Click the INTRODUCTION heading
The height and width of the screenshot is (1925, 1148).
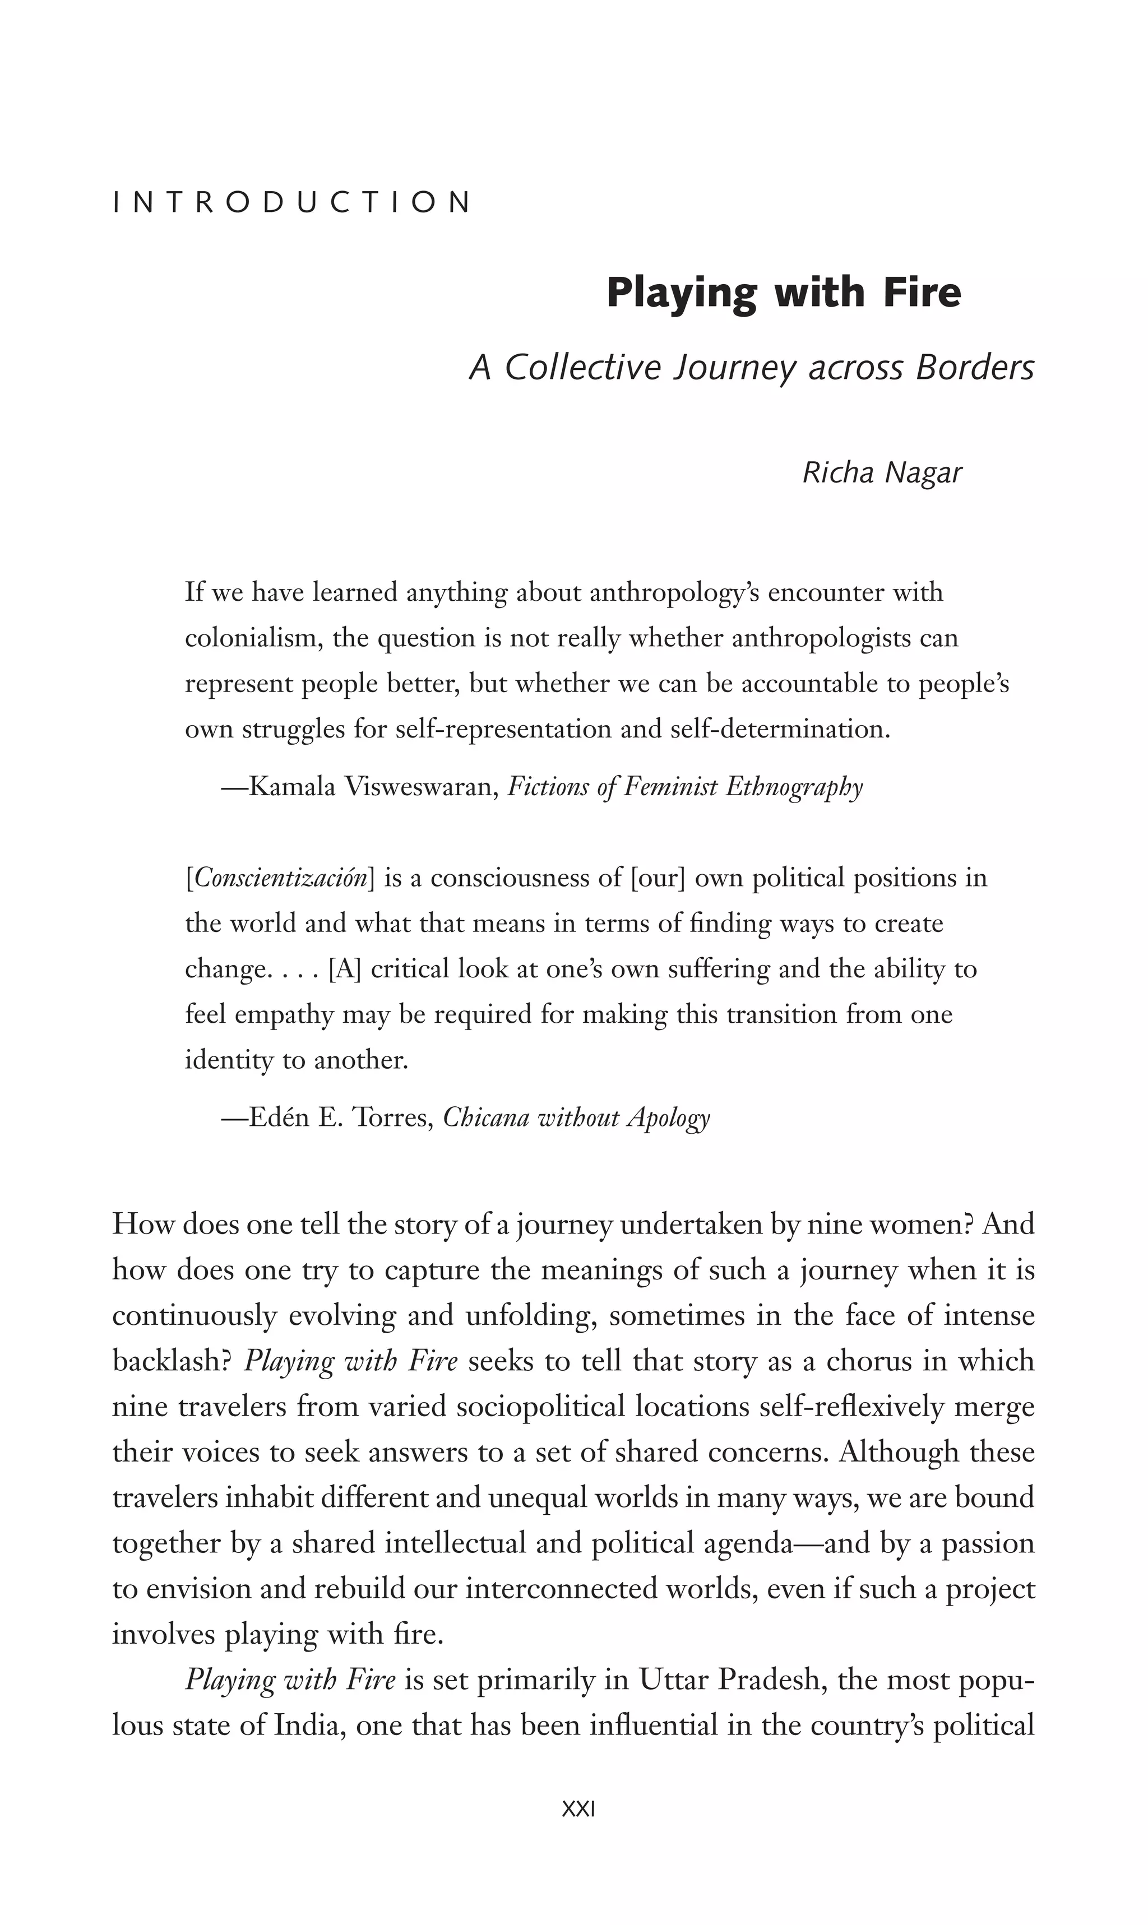[x=291, y=203]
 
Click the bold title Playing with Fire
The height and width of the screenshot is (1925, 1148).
[x=783, y=293]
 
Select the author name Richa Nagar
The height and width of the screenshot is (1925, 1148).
[x=882, y=472]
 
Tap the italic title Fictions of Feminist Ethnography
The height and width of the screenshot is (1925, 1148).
[x=684, y=787]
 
